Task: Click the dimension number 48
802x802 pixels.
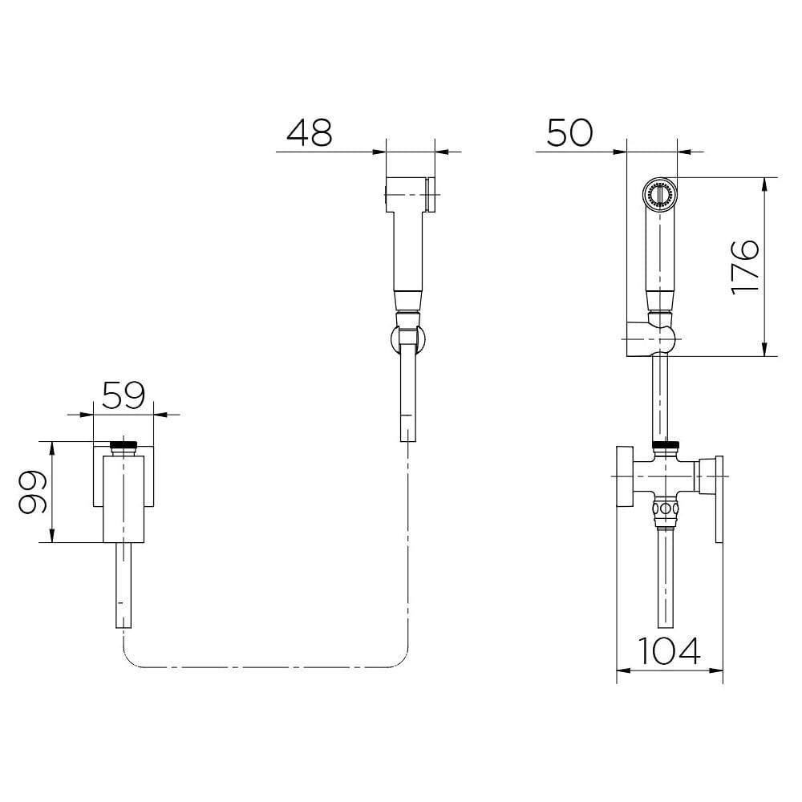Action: pyautogui.click(x=309, y=132)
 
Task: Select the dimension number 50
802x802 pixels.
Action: pyautogui.click(x=569, y=132)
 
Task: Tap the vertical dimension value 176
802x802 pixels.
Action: pyautogui.click(x=745, y=266)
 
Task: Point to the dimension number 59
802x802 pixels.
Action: pyautogui.click(x=124, y=395)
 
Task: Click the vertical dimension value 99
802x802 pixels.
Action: pyautogui.click(x=33, y=492)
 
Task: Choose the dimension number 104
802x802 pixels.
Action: pyautogui.click(x=669, y=651)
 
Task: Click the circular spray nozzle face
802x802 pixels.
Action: pyautogui.click(x=660, y=193)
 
